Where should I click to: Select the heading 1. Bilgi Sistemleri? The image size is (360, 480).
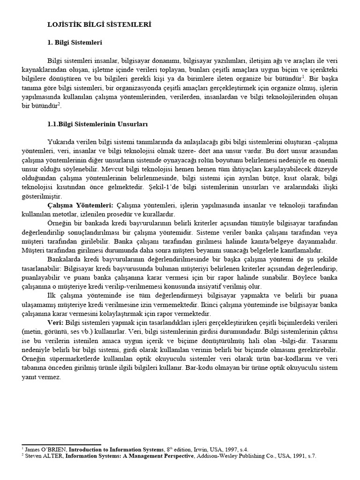(75, 43)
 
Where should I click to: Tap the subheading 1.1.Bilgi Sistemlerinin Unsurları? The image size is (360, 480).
(97, 124)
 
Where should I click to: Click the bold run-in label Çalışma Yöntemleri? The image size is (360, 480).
(80, 205)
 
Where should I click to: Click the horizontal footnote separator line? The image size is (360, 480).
(61, 444)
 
